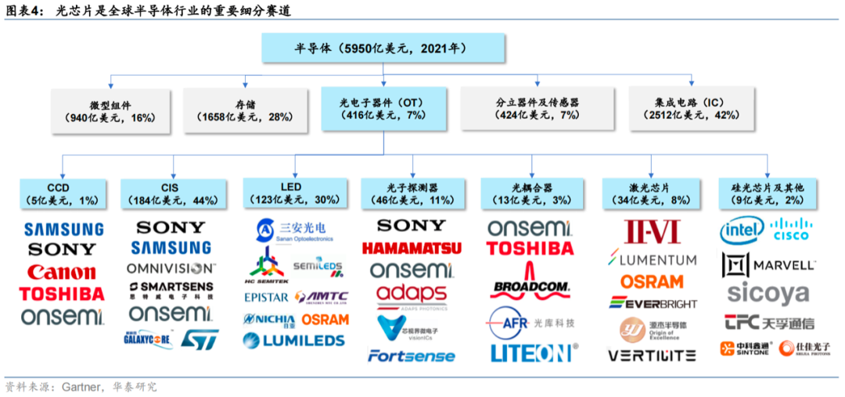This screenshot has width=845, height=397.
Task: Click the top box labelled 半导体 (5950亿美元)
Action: click(380, 48)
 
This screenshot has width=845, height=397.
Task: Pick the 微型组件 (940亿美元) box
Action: click(111, 109)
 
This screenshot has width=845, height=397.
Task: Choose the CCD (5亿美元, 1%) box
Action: click(62, 195)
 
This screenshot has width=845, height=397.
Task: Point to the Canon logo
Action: click(62, 273)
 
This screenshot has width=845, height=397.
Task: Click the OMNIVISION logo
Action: click(170, 268)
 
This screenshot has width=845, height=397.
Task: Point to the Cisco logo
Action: click(792, 229)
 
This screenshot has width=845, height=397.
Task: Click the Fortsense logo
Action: click(411, 356)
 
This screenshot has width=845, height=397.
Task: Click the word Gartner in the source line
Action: click(74, 386)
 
